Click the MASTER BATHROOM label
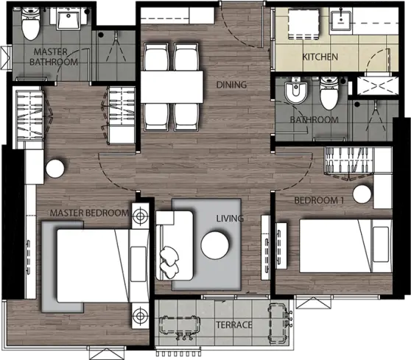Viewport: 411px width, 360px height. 54,57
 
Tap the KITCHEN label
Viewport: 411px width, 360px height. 320,57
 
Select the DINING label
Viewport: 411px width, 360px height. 231,85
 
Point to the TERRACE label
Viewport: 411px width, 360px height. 234,325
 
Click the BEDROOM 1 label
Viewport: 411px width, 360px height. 319,200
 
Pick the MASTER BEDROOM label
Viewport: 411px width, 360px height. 89,213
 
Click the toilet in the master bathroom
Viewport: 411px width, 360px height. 30,24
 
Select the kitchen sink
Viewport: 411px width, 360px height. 341,21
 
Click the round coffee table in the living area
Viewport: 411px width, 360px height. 215,245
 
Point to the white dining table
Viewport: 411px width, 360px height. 172,87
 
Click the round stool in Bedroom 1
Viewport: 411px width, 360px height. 362,194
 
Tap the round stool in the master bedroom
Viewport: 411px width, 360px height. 55,169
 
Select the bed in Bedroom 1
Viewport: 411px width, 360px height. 345,246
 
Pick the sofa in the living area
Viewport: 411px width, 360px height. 175,246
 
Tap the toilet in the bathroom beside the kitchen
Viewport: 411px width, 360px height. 329,93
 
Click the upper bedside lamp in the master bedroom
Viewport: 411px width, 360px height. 140,216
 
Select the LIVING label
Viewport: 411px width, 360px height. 230,218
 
